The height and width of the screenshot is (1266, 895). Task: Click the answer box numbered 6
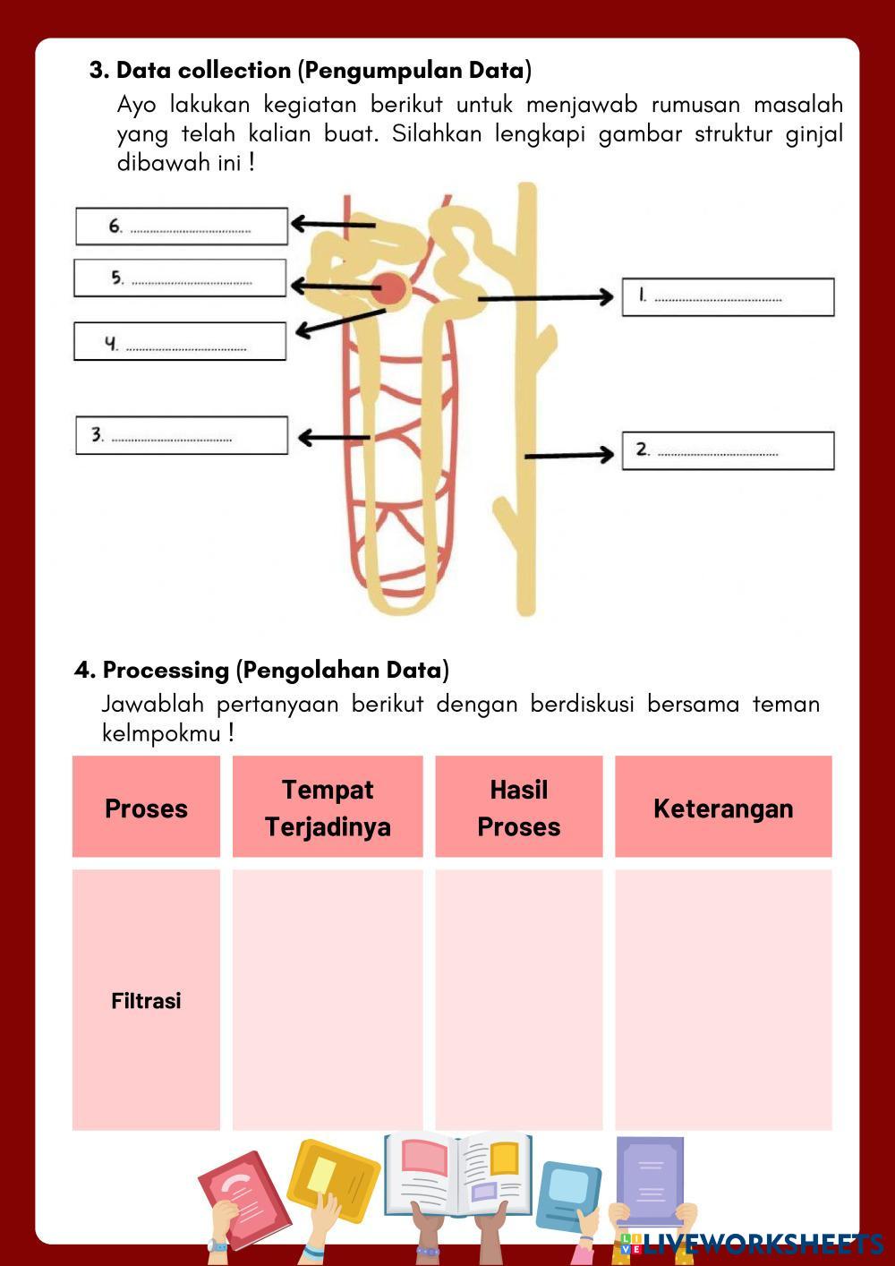(x=182, y=227)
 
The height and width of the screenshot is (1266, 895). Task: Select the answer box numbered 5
(x=180, y=278)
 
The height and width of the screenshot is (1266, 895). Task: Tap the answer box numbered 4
(x=180, y=342)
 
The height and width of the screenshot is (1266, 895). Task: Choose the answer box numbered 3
(x=182, y=436)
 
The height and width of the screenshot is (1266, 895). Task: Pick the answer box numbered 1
(x=728, y=297)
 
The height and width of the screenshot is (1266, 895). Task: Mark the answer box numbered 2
(x=728, y=450)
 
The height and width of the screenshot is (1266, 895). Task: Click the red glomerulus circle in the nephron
(x=391, y=288)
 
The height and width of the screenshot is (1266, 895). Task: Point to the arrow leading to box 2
(x=569, y=456)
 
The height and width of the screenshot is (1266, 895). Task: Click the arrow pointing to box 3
(x=333, y=438)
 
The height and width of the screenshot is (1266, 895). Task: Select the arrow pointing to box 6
(x=333, y=224)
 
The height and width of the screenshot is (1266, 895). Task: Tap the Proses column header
(x=146, y=808)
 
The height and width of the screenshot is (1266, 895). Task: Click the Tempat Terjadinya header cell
(x=328, y=808)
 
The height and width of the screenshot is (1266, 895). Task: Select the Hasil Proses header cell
(x=519, y=808)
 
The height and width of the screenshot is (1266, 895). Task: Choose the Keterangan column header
(x=723, y=808)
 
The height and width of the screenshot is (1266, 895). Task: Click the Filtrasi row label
(x=146, y=1000)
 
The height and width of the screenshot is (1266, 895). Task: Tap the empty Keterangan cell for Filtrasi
(x=723, y=1000)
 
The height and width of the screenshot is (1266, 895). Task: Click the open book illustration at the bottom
(x=458, y=1174)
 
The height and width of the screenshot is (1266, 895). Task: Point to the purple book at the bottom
(x=650, y=1180)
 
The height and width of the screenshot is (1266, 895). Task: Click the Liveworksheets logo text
(x=761, y=1244)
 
